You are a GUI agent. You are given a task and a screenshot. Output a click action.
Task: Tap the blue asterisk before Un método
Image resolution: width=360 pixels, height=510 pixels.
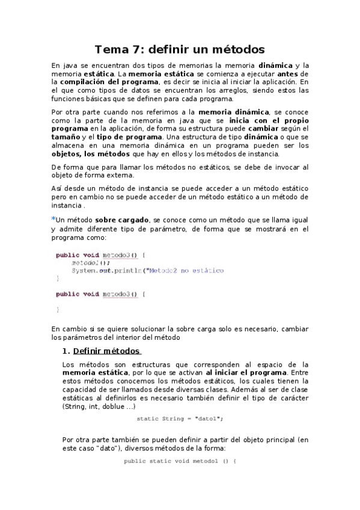pos(53,219)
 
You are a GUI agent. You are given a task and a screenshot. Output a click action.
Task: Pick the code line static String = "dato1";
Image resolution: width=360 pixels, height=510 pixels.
pos(180,419)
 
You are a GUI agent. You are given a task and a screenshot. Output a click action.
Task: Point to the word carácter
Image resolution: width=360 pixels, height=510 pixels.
pos(293,398)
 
